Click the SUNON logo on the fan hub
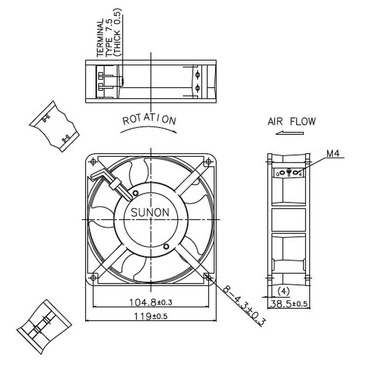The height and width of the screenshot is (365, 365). tap(150, 212)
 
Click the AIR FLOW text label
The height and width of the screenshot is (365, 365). tap(291, 121)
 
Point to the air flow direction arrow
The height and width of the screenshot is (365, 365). tap(289, 133)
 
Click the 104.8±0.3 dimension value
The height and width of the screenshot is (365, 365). tap(151, 302)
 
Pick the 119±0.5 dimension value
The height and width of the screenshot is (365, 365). tap(151, 316)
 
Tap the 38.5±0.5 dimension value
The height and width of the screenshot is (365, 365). tap(289, 304)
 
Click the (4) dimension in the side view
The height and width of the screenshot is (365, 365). tap(283, 291)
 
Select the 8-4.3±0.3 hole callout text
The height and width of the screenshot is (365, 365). tap(244, 305)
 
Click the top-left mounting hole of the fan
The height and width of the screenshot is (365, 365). tap(93, 162)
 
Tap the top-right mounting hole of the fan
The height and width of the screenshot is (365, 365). tap(208, 162)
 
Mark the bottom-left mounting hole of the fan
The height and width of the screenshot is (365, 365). tap(93, 278)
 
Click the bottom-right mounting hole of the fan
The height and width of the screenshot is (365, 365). tap(208, 278)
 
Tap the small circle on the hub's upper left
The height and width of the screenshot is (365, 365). tap(135, 193)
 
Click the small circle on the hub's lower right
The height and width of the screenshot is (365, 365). tap(166, 246)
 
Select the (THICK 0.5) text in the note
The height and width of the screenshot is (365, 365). tap(118, 33)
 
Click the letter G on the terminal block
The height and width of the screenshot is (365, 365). tap(278, 174)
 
